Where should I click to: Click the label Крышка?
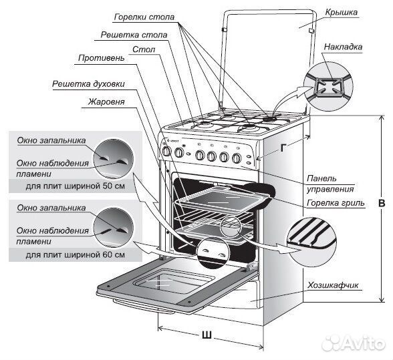click(x=341, y=12)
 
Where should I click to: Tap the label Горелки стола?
click(x=144, y=17)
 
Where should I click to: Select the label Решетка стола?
click(x=134, y=35)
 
